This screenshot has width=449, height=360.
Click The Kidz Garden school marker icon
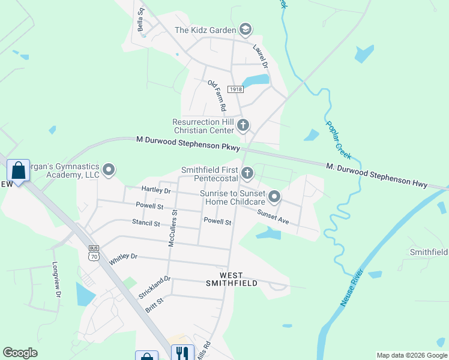pyautogui.click(x=245, y=29)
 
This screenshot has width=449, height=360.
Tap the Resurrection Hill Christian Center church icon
pyautogui.click(x=243, y=125)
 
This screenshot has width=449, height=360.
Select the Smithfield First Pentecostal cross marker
pyautogui.click(x=247, y=174)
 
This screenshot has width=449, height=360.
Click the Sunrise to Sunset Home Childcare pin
pyautogui.click(x=275, y=197)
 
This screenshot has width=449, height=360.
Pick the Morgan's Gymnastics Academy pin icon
pyautogui.click(x=109, y=170)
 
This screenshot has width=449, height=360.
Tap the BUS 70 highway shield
pyautogui.click(x=93, y=253)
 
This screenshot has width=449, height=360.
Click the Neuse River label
pyautogui.click(x=352, y=288)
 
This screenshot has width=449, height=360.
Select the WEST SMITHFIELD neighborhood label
pyautogui.click(x=232, y=278)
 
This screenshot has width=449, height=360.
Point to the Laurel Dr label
pyautogui.click(x=260, y=55)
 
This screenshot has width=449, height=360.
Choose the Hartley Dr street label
pyautogui.click(x=156, y=190)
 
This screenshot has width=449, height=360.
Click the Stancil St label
pyautogui.click(x=146, y=223)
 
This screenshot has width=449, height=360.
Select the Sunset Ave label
pyautogui.click(x=273, y=217)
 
